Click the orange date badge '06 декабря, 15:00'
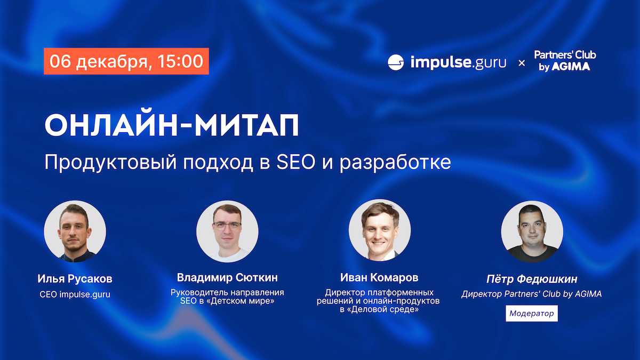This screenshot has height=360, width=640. (x=126, y=61)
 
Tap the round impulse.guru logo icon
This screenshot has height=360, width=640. (x=396, y=62)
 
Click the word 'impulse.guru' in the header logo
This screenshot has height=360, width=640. (x=458, y=62)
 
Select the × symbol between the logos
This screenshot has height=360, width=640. (x=522, y=63)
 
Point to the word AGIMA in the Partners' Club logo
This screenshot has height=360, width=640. (x=571, y=67)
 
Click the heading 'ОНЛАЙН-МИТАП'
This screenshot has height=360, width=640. (x=172, y=125)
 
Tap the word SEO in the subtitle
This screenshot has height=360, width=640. (x=295, y=162)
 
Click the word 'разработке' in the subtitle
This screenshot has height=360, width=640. (x=395, y=163)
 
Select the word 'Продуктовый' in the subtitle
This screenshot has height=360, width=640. (x=110, y=163)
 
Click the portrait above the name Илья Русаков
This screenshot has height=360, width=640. (x=75, y=231)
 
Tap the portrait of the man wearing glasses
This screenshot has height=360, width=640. (x=227, y=231)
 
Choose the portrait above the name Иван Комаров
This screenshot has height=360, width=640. (x=380, y=230)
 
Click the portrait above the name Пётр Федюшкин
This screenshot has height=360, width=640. (x=532, y=231)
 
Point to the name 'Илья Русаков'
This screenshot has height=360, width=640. (x=75, y=279)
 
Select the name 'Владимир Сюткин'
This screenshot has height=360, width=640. (x=227, y=277)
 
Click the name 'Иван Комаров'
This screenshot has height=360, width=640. (x=379, y=277)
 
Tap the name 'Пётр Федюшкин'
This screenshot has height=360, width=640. (x=532, y=279)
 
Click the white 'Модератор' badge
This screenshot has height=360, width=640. (x=532, y=314)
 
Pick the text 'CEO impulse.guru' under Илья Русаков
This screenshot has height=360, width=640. (x=75, y=294)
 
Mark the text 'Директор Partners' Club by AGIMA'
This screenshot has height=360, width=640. (x=532, y=294)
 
